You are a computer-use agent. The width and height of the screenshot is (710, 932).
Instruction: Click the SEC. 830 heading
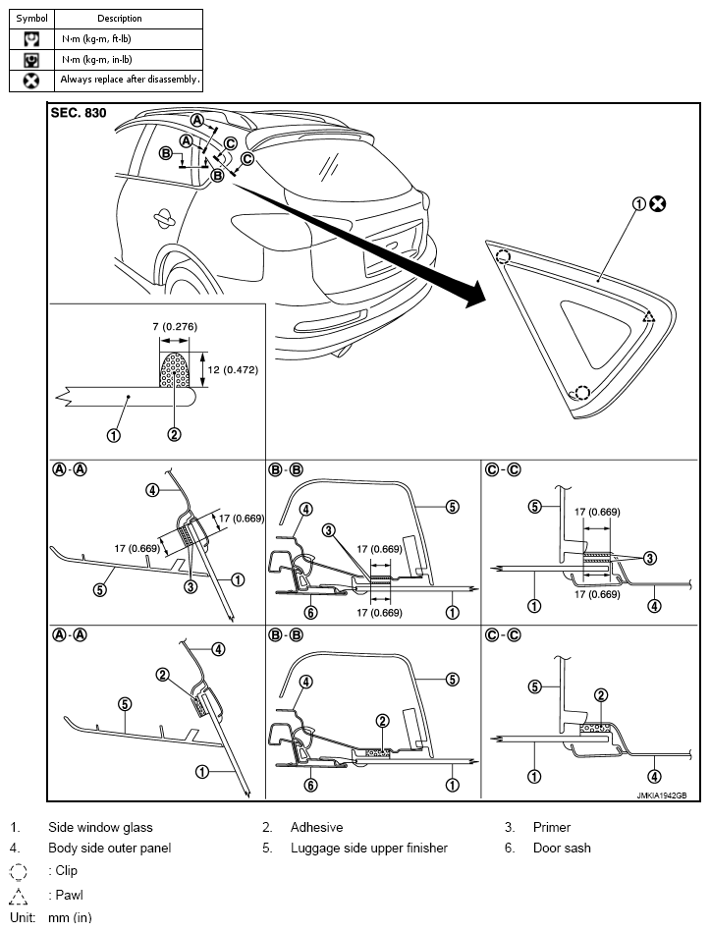pyautogui.click(x=78, y=114)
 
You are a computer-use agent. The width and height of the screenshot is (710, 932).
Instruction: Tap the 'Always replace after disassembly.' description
pyautogui.click(x=130, y=79)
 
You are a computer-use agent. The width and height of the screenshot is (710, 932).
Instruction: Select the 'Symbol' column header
pyautogui.click(x=31, y=18)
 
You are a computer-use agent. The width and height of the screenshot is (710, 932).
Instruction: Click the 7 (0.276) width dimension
pyautogui.click(x=178, y=324)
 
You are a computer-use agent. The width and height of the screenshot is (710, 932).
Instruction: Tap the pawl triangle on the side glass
pyautogui.click(x=648, y=317)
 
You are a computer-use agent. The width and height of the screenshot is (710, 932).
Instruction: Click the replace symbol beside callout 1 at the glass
pyautogui.click(x=658, y=204)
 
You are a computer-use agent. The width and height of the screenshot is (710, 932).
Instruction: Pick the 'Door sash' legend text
pyautogui.click(x=562, y=848)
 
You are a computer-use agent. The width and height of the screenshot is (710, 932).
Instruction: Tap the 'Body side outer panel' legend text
pyautogui.click(x=109, y=848)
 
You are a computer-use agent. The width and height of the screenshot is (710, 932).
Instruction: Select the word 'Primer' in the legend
pyautogui.click(x=551, y=828)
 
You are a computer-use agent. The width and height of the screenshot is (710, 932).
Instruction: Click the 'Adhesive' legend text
pyautogui.click(x=316, y=828)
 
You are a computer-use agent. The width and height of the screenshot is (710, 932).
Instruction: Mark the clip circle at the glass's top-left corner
pyautogui.click(x=503, y=257)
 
